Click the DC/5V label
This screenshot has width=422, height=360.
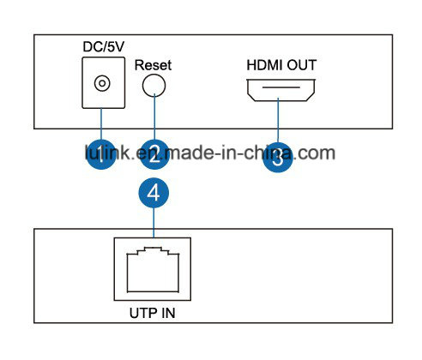coord(104,46)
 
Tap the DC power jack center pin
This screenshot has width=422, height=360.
coord(102,83)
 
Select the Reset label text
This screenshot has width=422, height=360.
coord(153,65)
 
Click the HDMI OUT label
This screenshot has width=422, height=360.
coord(281,65)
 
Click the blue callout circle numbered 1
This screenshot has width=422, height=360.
coord(101,154)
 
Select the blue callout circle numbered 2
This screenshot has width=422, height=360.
coord(154,154)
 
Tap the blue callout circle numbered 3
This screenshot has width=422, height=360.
coord(278,158)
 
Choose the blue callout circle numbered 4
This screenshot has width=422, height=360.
coord(154,193)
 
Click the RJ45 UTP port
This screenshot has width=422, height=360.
coord(153,269)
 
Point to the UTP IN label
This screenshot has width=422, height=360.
coord(152,313)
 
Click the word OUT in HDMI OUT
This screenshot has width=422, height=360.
coord(302,65)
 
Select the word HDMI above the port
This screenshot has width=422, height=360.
coord(264,65)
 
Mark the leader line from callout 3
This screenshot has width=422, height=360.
coord(278,120)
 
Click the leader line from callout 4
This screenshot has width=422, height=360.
coord(154,223)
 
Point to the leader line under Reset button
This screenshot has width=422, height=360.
coord(154,117)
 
